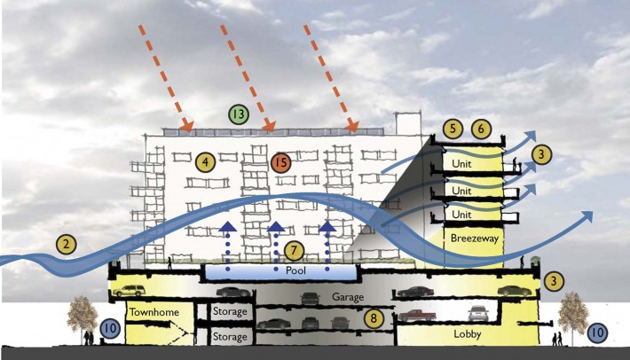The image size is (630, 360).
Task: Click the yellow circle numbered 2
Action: [66, 242]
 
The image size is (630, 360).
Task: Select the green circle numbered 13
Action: [238, 114]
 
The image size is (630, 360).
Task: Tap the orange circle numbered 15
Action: [281, 163]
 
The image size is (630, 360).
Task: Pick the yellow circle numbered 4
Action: [206, 162]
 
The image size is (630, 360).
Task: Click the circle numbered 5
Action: [453, 129]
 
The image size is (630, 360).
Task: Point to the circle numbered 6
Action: [481, 129]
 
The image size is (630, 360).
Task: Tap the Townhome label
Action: [149, 313]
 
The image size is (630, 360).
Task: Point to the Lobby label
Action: [462, 335]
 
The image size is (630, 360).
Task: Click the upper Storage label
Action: [228, 313]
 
